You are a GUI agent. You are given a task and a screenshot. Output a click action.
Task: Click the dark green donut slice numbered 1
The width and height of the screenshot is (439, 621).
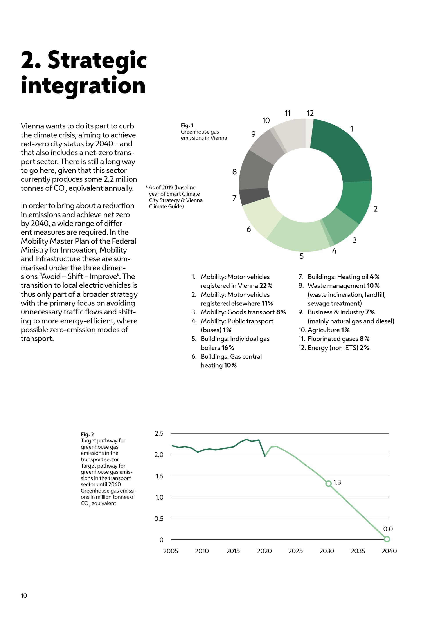[x=343, y=152]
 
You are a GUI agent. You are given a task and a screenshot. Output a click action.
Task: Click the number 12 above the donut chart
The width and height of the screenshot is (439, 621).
[x=310, y=113]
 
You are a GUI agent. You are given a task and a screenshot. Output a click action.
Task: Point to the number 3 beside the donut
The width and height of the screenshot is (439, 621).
[x=355, y=240]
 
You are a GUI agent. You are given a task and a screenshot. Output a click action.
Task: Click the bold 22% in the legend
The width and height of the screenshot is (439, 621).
[x=266, y=286]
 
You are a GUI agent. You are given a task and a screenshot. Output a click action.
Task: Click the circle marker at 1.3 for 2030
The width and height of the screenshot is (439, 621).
[x=328, y=483]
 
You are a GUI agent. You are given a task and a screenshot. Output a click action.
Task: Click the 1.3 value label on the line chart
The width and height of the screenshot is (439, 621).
[x=337, y=482]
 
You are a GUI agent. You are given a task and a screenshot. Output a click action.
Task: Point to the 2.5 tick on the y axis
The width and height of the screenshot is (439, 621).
[x=159, y=433]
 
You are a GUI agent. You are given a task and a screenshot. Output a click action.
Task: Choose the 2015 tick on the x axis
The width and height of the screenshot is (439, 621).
[x=233, y=551]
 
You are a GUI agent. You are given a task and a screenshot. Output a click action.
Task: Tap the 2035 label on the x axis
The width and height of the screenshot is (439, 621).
[x=358, y=551]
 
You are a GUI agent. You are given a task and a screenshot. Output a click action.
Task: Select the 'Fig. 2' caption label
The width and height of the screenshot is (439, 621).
[x=87, y=434]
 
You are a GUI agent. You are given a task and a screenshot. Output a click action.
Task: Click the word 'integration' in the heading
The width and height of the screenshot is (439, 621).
[x=83, y=85]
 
